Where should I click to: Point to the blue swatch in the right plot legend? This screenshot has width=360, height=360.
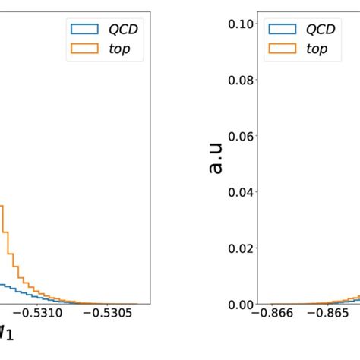coord(281,30)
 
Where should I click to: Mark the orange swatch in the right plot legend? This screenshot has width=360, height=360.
coord(281,49)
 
